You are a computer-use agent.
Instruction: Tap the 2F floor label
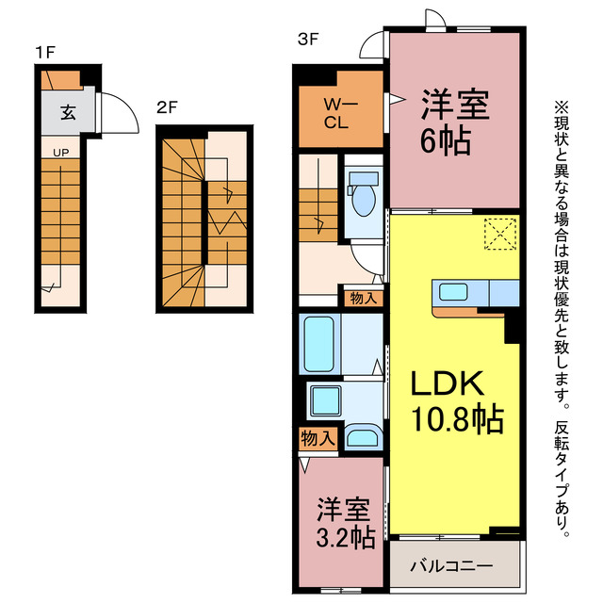(166, 107)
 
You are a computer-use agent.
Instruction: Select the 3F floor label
(306, 39)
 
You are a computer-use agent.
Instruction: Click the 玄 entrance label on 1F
(68, 113)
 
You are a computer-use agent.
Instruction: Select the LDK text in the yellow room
(446, 384)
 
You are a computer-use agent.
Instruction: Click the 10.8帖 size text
(455, 417)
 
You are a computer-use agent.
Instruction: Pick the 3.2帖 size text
(345, 538)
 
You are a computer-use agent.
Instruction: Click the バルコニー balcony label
(450, 567)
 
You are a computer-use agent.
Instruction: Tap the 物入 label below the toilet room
(363, 299)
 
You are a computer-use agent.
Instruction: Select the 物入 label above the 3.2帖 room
(318, 437)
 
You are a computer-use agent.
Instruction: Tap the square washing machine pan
(321, 399)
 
